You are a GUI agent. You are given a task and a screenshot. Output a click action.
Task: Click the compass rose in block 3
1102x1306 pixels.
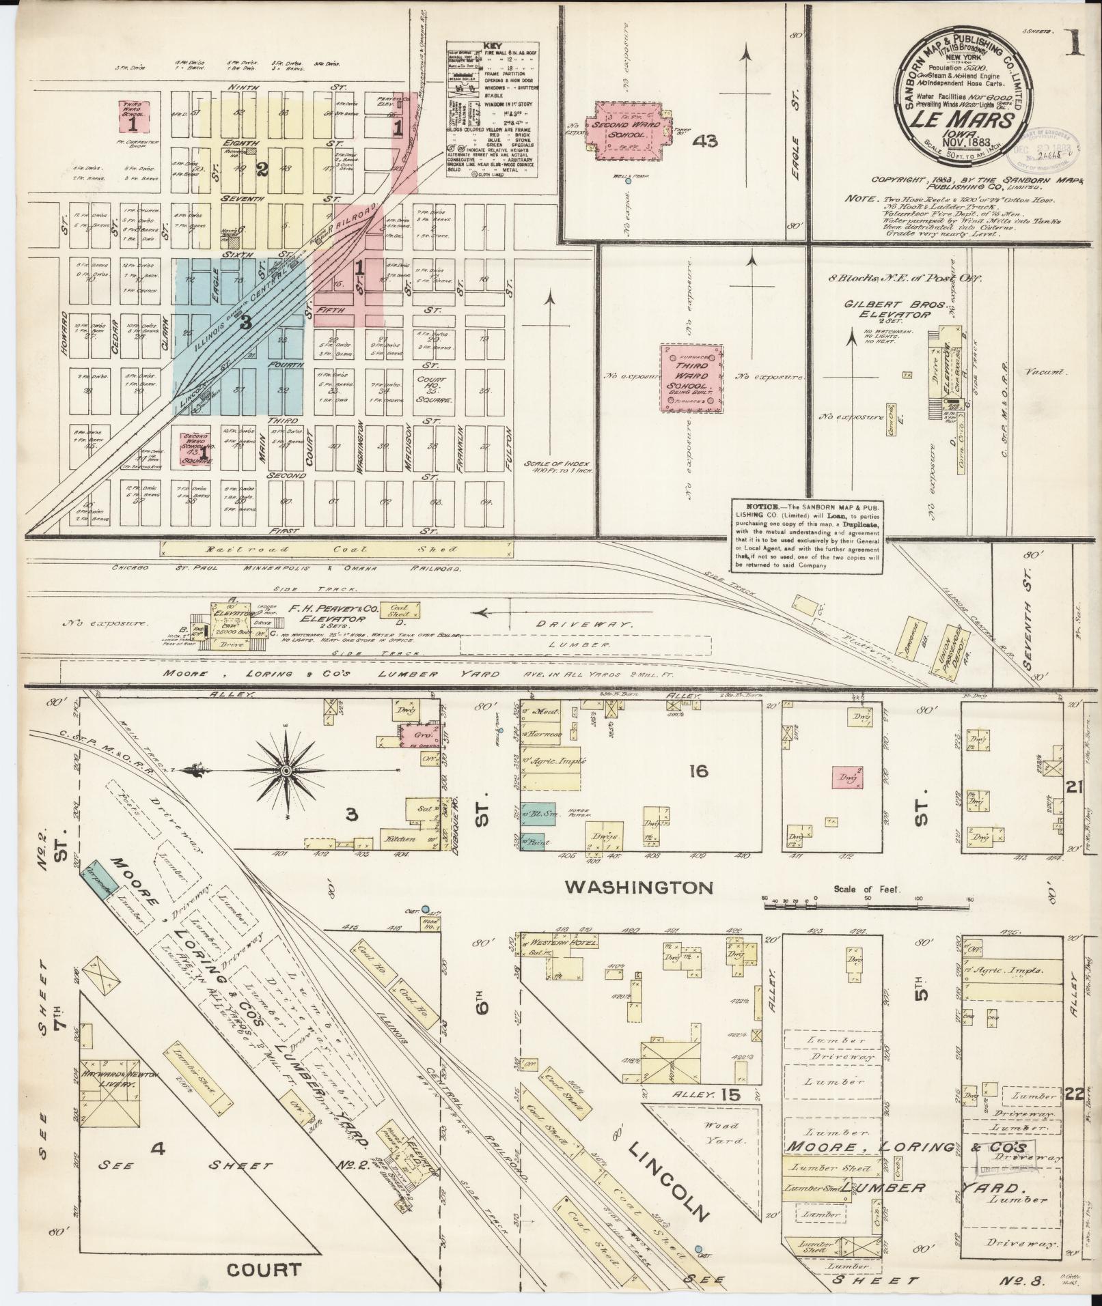(x=286, y=771)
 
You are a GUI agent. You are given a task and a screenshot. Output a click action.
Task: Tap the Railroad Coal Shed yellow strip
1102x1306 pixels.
(x=337, y=548)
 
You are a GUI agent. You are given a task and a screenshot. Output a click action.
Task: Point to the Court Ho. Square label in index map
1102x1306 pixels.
(x=432, y=389)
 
